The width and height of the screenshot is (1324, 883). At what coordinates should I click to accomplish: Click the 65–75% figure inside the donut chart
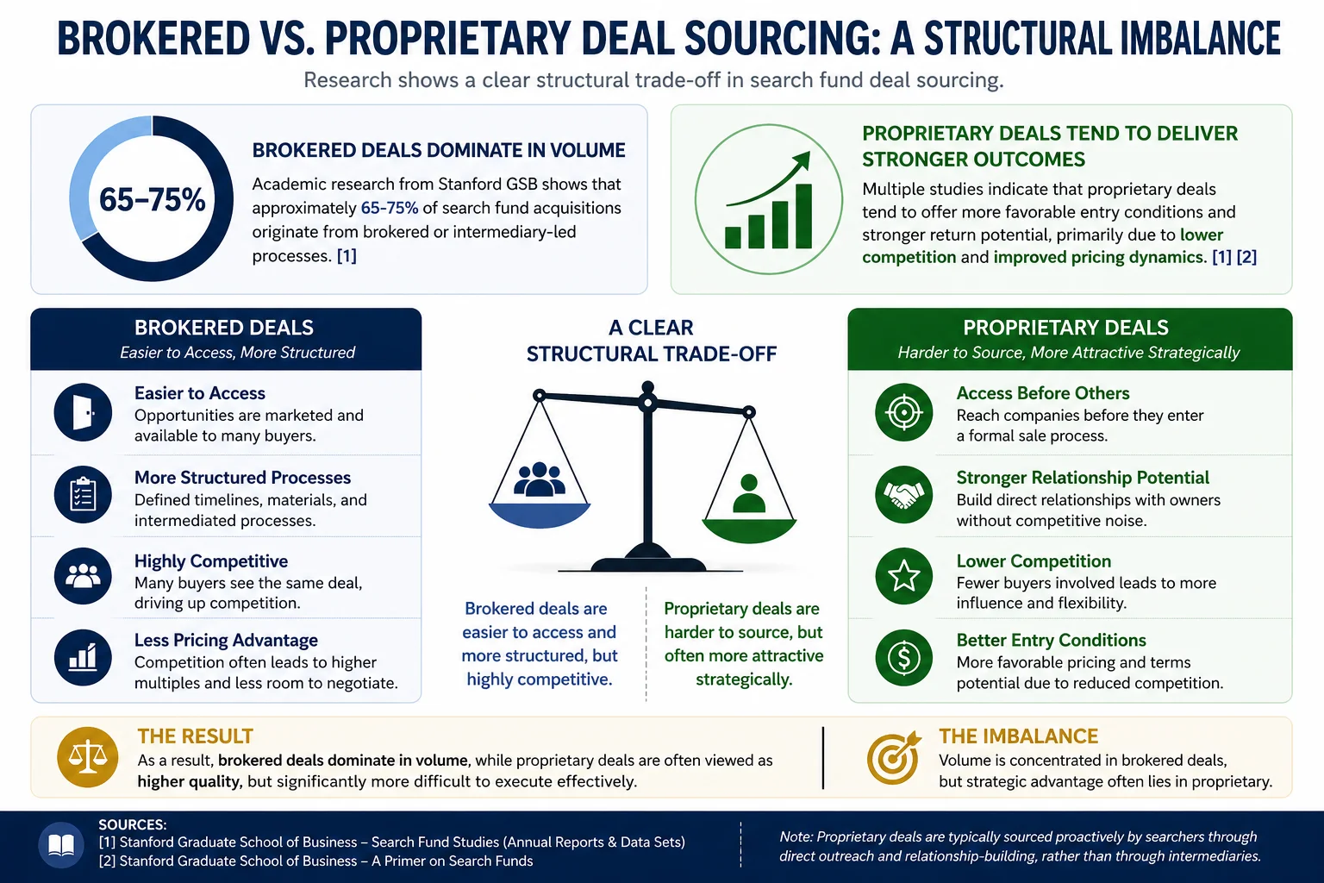[x=152, y=199]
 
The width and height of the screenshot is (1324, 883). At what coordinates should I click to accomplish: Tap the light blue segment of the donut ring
[x=84, y=172]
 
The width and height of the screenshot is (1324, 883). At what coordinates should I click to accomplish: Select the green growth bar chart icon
[x=768, y=200]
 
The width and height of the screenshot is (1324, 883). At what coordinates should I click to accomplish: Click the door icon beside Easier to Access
[x=83, y=412]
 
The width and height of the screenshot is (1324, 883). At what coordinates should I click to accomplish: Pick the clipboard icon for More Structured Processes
[x=83, y=494]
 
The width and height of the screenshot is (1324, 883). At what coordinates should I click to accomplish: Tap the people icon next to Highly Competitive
[x=83, y=576]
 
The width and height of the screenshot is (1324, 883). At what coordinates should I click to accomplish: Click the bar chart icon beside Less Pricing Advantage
[x=83, y=658]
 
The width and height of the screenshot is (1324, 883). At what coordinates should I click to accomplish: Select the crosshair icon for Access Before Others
[x=903, y=412]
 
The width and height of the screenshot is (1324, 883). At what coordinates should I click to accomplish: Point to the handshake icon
[x=903, y=494]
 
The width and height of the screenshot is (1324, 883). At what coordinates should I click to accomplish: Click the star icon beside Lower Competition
[x=903, y=576]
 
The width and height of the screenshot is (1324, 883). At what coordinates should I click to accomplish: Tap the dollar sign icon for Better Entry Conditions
[x=903, y=658]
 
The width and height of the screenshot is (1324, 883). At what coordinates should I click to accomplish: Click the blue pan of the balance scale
[x=539, y=515]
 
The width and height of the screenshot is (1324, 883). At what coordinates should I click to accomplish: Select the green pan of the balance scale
[x=749, y=530]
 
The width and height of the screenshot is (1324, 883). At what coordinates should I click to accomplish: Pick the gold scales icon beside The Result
[x=87, y=757]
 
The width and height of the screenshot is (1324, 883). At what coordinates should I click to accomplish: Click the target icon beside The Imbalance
[x=894, y=757]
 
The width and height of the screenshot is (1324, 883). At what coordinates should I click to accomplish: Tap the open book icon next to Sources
[x=61, y=845]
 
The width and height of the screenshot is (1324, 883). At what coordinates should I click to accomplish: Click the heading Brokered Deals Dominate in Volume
[x=439, y=150]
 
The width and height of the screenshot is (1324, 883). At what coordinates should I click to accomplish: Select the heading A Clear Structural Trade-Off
[x=652, y=341]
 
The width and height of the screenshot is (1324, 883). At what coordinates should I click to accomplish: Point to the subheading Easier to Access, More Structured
[x=238, y=353]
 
